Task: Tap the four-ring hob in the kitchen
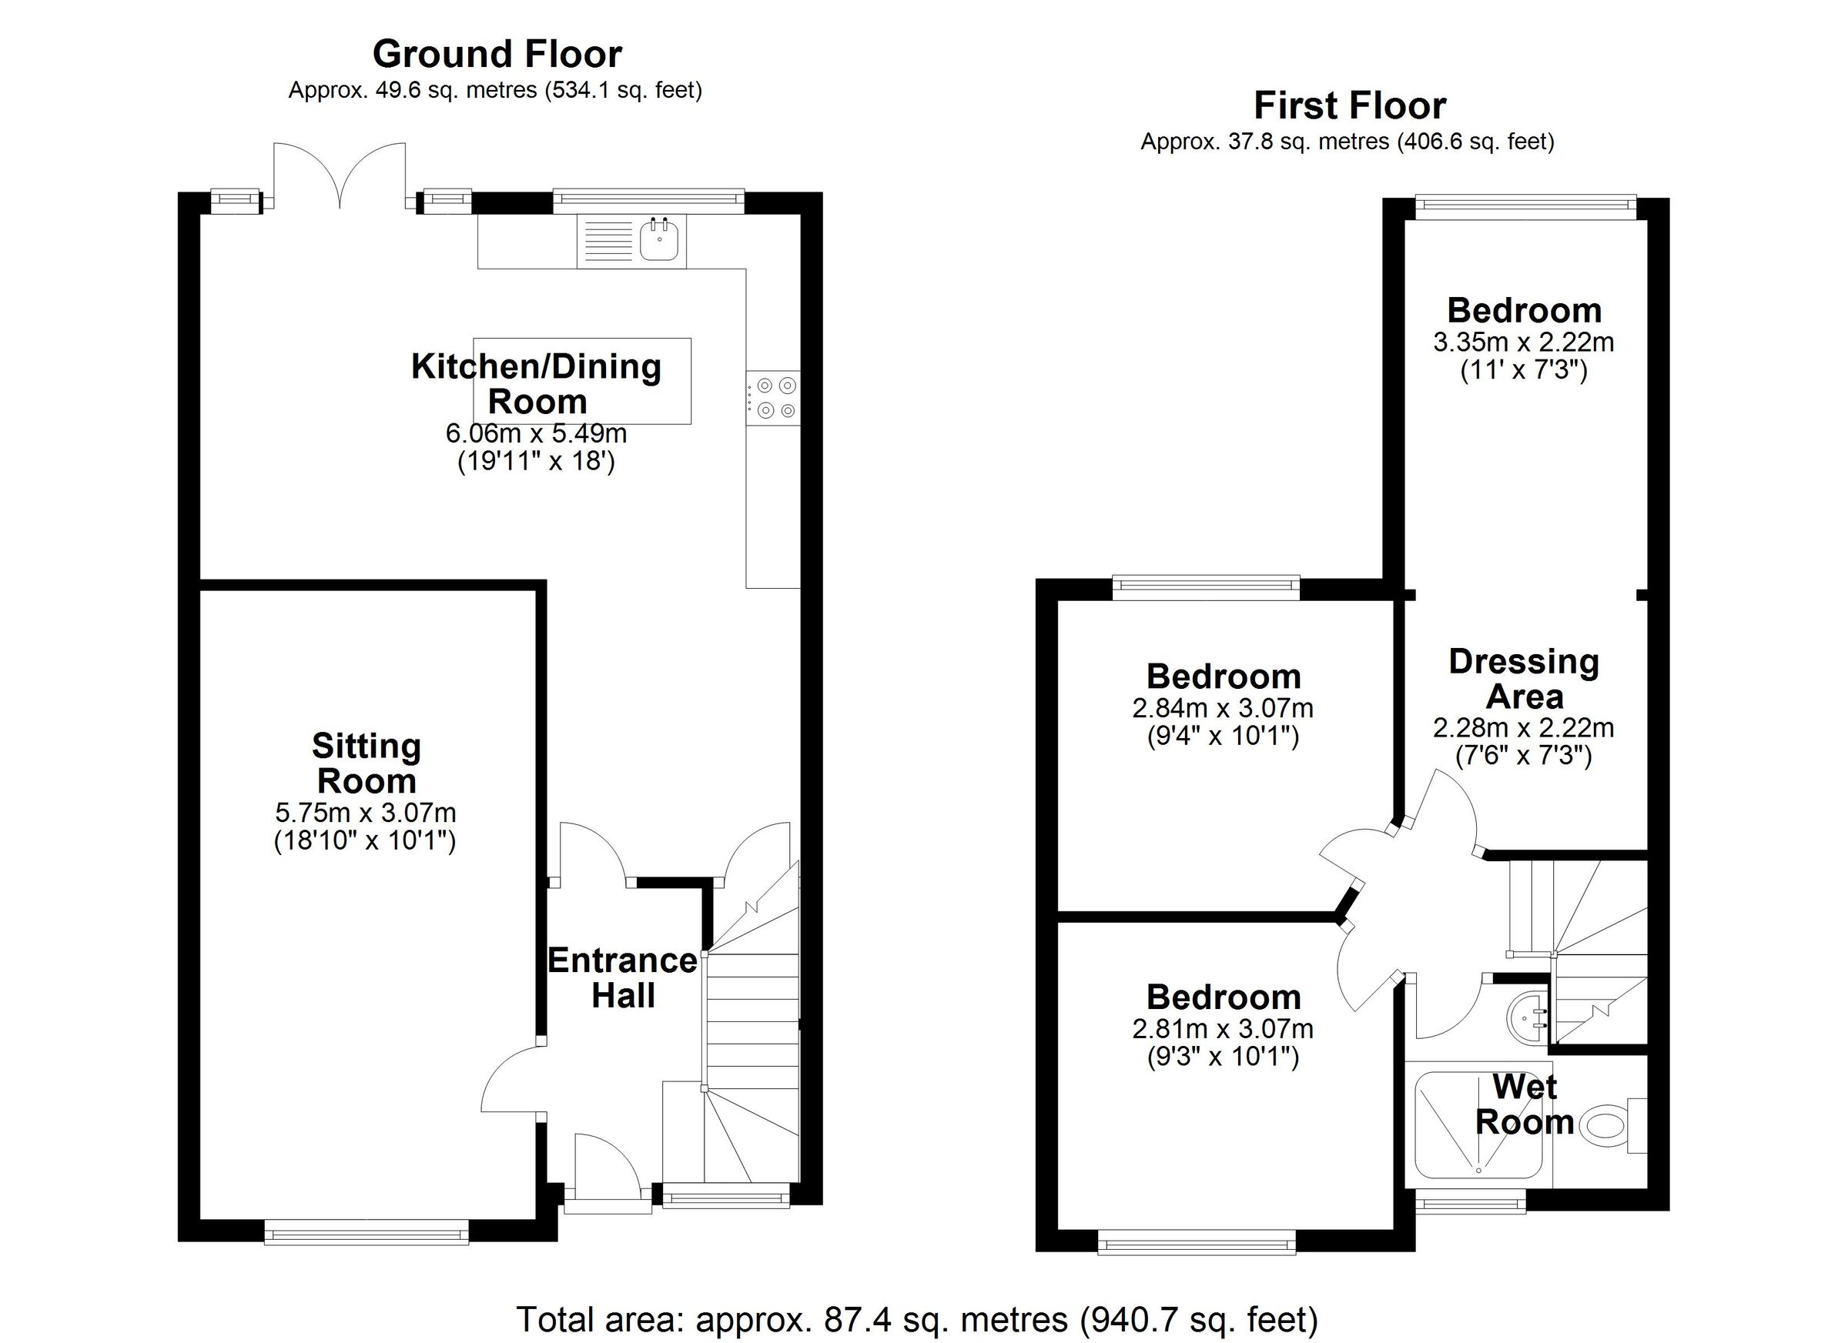[x=775, y=397]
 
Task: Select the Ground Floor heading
[x=497, y=55]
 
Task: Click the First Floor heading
[x=1349, y=106]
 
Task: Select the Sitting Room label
[x=366, y=763]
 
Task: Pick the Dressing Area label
[x=1523, y=680]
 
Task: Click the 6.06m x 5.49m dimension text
[x=535, y=433]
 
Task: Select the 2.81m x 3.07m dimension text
[x=1222, y=1030]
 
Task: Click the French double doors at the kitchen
[x=339, y=175]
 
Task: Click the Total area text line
[x=916, y=1318]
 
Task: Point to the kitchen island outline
[x=582, y=380]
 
